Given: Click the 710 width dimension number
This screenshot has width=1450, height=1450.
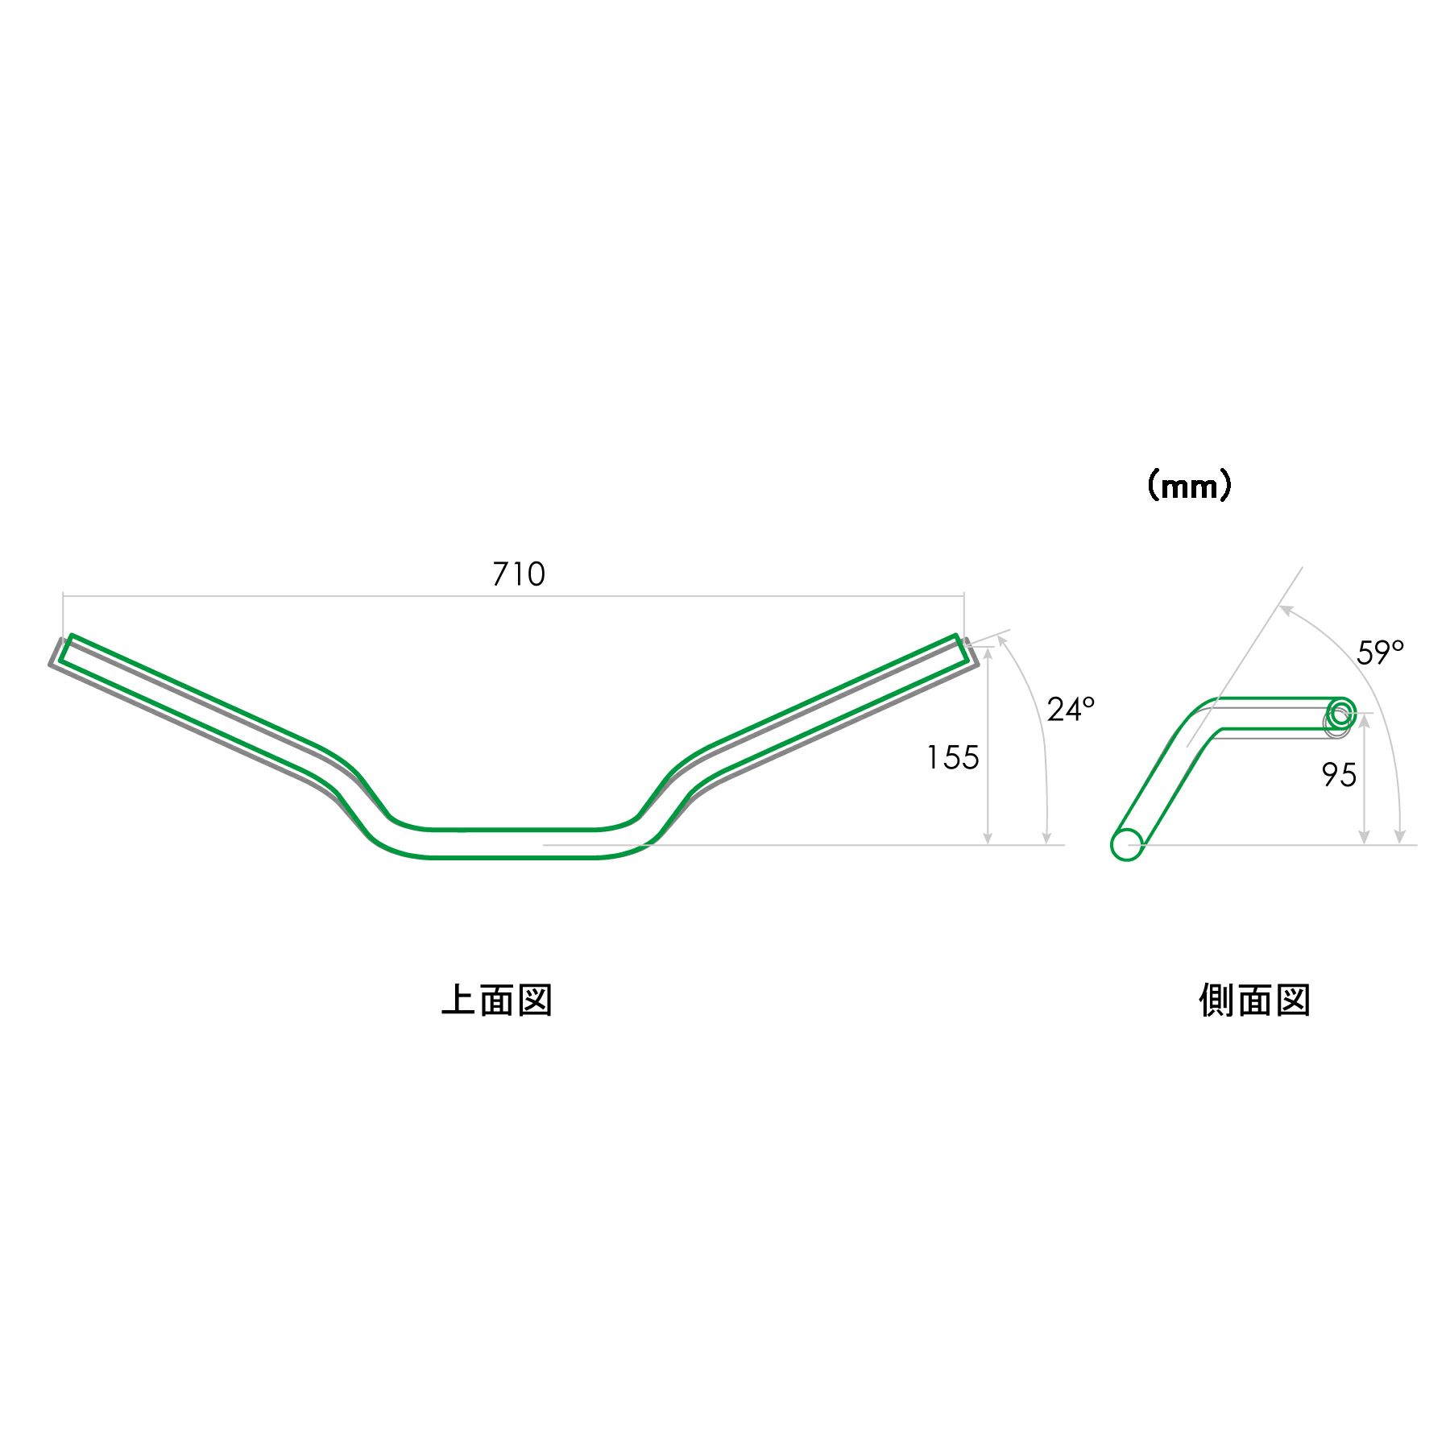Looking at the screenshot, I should coord(519,574).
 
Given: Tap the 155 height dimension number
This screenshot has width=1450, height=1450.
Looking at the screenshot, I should coord(952,758).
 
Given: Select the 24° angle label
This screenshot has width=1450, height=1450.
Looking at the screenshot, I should coord(1071,710).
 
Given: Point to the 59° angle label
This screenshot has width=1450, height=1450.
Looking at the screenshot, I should coord(1380,652).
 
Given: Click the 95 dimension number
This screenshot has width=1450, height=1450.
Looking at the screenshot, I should coord(1339,775).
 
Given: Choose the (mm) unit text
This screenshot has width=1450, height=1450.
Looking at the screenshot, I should coord(1189,486).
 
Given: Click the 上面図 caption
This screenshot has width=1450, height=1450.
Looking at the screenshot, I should coord(497,1000).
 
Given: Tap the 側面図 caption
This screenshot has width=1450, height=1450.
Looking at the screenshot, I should coord(1254,1000).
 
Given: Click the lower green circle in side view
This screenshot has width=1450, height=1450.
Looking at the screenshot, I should coord(1126,844).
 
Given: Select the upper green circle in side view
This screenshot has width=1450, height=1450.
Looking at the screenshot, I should coord(1341,712).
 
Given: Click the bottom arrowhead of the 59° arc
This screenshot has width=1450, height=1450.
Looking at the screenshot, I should coord(1400,839).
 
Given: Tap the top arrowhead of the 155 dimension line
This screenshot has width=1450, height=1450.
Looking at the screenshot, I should coord(988,651).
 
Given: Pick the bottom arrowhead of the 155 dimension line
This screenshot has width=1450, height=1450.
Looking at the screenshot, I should coord(988,839).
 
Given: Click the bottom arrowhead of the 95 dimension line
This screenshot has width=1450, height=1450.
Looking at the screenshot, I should coord(1364,839).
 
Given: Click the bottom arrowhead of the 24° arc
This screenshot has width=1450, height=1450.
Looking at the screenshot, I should coord(1047,839).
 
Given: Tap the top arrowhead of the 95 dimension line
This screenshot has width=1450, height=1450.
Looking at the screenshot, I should coord(1364,719).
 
